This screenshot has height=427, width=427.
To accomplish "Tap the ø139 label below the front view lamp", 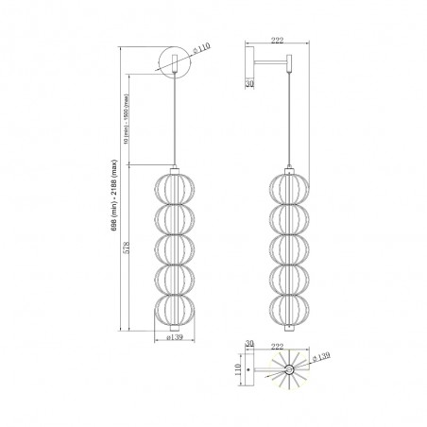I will (173, 337).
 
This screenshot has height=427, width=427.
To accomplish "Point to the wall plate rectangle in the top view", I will (248, 371).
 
